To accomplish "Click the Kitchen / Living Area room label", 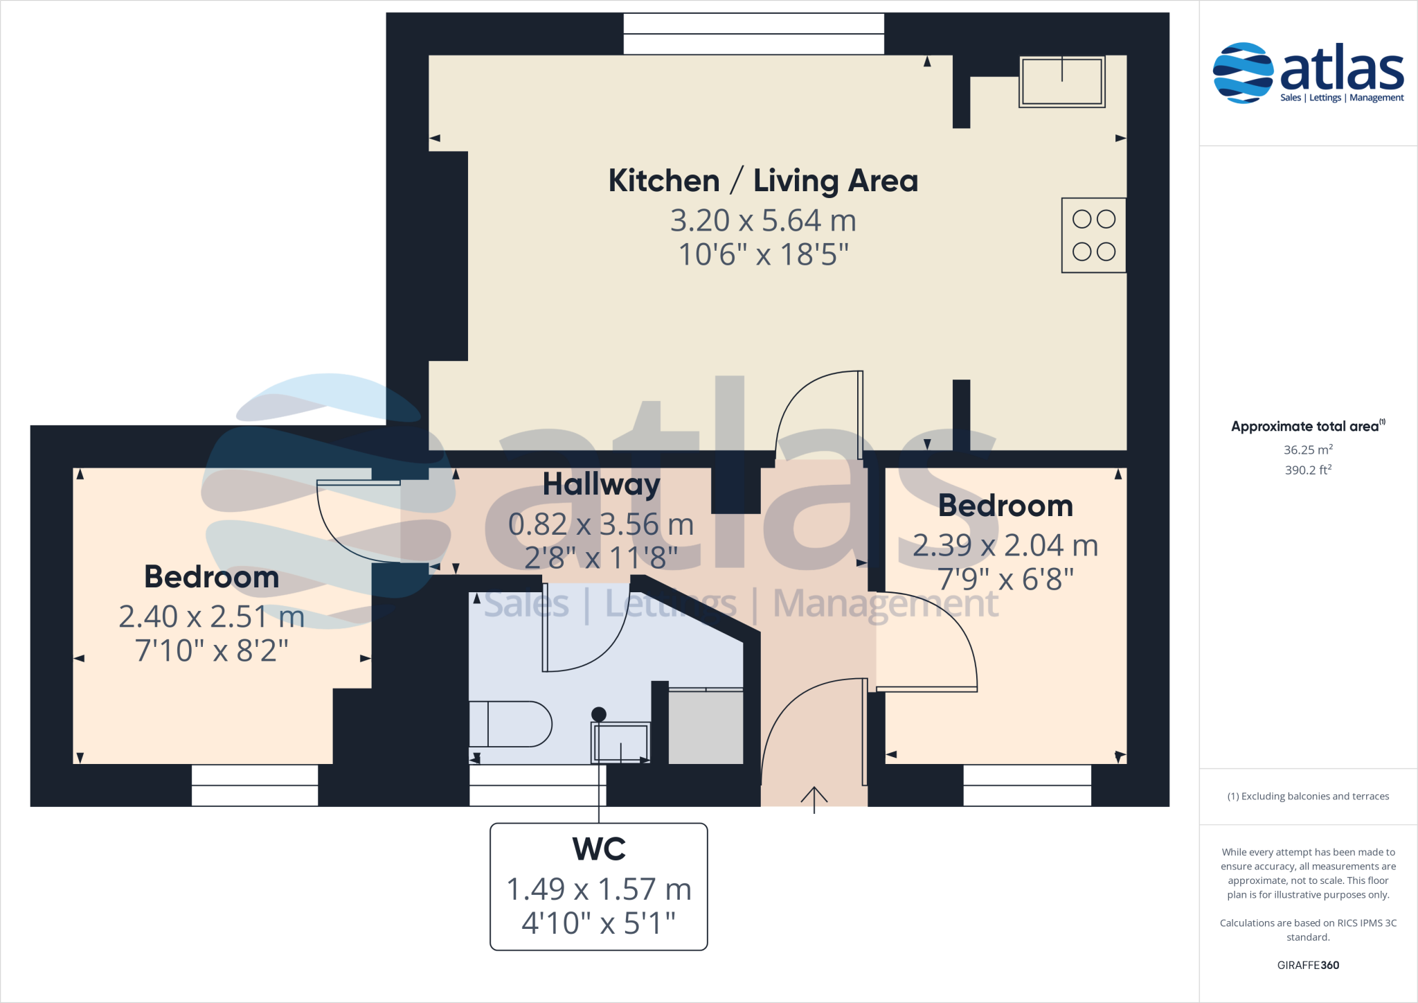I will (x=763, y=181).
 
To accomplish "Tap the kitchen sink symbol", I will (x=1061, y=82).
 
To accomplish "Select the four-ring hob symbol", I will (x=1093, y=236).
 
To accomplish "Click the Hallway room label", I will (x=601, y=484).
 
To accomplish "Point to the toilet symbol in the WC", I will (x=510, y=724).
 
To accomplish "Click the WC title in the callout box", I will (x=599, y=849).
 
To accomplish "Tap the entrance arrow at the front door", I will (x=814, y=799).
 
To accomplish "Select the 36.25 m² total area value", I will (x=1308, y=450).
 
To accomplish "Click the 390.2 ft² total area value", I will (x=1308, y=470).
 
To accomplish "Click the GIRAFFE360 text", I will (x=1308, y=965).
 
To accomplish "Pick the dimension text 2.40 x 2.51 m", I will (x=211, y=616).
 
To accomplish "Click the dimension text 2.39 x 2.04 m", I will (x=1005, y=546).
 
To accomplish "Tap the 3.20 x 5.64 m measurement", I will (x=763, y=221).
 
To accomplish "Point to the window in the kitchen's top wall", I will (x=753, y=34).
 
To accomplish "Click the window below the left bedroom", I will (x=255, y=785).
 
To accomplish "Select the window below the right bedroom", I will (x=1027, y=785).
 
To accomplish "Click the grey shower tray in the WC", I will (x=706, y=727).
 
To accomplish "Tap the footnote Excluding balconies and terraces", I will (x=1308, y=797).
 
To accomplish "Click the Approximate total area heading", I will (x=1305, y=427).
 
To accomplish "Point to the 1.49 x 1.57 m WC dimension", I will (x=599, y=889).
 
